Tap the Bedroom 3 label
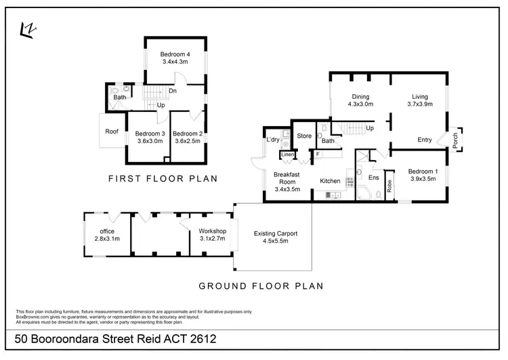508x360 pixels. pyautogui.click(x=150, y=134)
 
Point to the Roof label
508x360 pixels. pyautogui.click(x=112, y=132)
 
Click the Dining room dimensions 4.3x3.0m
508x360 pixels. pyautogui.click(x=361, y=104)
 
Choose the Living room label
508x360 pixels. pyautogui.click(x=420, y=96)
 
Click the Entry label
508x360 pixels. pyautogui.click(x=425, y=140)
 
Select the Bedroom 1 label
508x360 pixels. pyautogui.click(x=425, y=172)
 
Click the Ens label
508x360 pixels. pyautogui.click(x=373, y=178)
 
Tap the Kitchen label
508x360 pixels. pyautogui.click(x=330, y=181)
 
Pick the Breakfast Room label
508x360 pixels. pyautogui.click(x=286, y=177)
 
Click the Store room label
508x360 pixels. pyautogui.click(x=305, y=136)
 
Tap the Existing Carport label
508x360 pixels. pyautogui.click(x=276, y=234)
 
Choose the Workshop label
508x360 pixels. pyautogui.click(x=213, y=231)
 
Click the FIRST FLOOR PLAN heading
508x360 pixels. pyautogui.click(x=163, y=180)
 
